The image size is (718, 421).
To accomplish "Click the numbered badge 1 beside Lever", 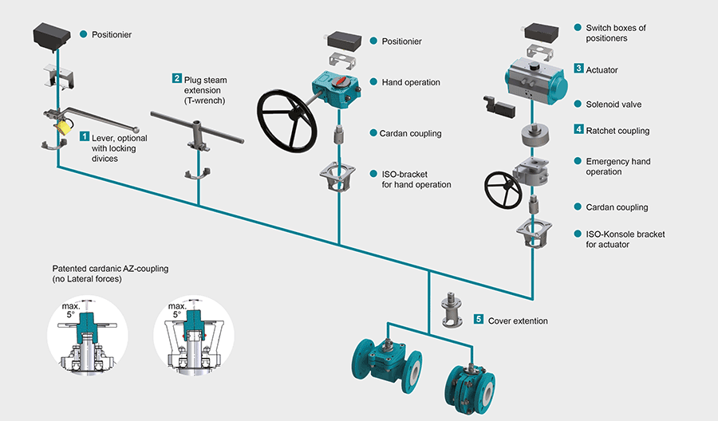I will point(85,137).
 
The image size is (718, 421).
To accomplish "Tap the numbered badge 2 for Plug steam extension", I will point(176,78).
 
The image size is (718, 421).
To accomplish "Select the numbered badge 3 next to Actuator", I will point(578,69).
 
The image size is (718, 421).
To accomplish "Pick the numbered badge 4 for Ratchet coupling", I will point(578,129).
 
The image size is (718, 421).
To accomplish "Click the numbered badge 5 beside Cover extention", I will point(479,319).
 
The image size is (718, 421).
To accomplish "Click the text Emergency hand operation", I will point(617,167).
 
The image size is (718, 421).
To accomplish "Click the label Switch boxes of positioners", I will point(616,33).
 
